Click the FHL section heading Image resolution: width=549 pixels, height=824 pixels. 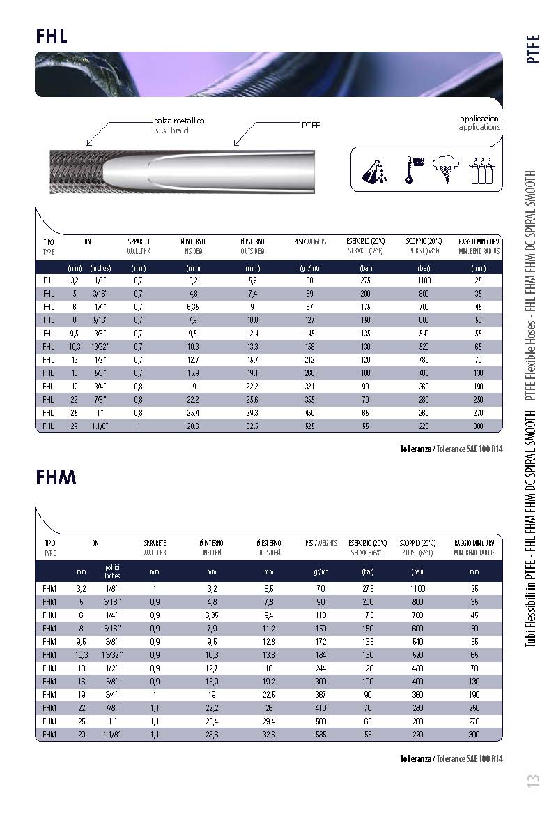[x=52, y=36]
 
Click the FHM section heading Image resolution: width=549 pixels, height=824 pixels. [x=56, y=477]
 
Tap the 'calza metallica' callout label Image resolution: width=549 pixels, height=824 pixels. [x=179, y=121]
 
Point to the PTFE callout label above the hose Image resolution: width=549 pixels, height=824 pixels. [x=311, y=126]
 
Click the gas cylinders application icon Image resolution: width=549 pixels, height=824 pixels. [x=481, y=170]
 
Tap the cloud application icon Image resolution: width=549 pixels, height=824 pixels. [x=446, y=170]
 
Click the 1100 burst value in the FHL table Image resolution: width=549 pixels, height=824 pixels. [x=424, y=280]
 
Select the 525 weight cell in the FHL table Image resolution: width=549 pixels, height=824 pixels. [x=309, y=426]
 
